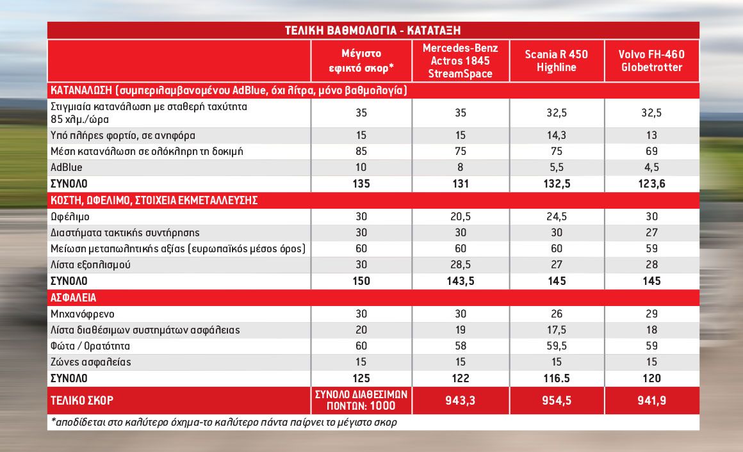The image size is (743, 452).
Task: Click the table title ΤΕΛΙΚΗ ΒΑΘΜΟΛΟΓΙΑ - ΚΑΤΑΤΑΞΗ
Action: pos(372,30)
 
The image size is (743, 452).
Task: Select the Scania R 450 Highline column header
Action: pos(557,61)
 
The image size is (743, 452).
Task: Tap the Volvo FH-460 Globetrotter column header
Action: pos(651,61)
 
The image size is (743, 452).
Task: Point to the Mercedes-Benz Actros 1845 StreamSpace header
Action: pos(460,61)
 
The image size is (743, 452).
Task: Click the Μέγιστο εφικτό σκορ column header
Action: pos(361,61)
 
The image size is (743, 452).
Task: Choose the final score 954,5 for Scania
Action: pos(557,400)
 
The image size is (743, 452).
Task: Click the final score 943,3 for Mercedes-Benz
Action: pos(460,400)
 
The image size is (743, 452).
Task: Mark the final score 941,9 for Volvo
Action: pos(651,400)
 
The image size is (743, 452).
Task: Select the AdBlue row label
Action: pos(67,167)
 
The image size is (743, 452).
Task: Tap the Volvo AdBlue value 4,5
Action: pos(651,167)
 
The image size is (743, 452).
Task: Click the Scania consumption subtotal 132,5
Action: pos(557,184)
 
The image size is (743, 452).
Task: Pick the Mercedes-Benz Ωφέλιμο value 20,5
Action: pos(460,216)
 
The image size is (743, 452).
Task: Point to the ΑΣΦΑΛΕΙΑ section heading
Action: pos(74,298)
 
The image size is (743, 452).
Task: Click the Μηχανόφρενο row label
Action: pos(83,314)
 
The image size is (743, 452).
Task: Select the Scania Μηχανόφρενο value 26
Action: pos(557,314)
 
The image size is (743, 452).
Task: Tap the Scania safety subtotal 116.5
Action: pos(557,378)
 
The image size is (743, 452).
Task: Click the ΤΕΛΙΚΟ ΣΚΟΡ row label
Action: pos(82,401)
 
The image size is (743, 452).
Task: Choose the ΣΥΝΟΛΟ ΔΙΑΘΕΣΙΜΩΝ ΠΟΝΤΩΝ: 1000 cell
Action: pos(361,400)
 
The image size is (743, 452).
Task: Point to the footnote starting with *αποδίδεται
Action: pos(224,422)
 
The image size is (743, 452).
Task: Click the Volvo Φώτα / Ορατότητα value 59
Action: pos(651,346)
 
